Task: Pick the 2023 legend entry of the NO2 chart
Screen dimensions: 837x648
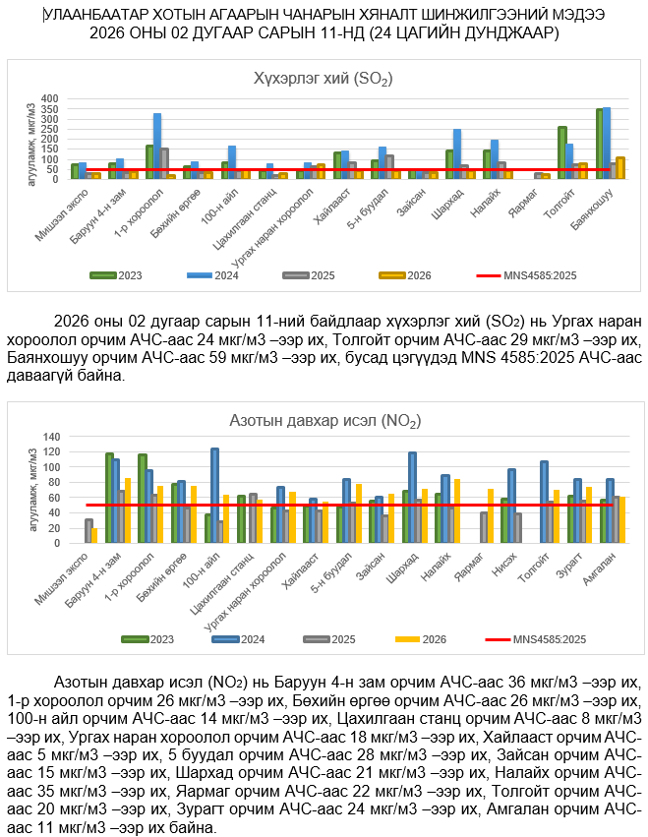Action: (x=147, y=639)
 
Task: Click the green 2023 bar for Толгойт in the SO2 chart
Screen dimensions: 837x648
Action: (x=562, y=152)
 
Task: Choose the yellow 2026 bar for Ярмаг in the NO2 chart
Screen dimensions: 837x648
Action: (x=491, y=515)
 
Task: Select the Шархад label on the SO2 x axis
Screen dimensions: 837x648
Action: (x=465, y=198)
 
